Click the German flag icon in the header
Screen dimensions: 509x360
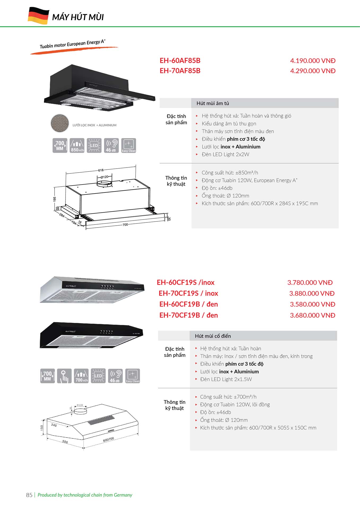coord(38,16)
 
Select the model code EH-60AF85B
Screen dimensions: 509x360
coord(180,60)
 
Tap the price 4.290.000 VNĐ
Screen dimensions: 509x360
coord(313,71)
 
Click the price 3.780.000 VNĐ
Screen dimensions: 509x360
coord(310,282)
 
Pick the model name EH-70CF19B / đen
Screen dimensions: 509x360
coord(188,315)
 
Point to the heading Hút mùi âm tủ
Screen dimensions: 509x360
coord(212,103)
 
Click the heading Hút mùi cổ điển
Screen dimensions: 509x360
coord(213,336)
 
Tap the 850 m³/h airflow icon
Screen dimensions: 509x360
coord(77,145)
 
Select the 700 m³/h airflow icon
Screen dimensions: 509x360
coord(81,376)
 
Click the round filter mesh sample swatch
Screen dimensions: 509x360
coord(60,123)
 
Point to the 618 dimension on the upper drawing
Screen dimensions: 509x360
coord(101,170)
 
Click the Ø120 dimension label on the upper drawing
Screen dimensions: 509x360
coord(104,177)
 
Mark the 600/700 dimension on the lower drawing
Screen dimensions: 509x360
coord(109,439)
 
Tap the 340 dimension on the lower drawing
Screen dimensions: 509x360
coord(54,425)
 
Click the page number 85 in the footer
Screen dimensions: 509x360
coord(29,495)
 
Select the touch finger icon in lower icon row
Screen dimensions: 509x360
coord(64,376)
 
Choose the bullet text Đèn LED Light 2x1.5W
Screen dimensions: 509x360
coord(226,379)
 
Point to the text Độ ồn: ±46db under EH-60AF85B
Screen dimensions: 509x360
coord(217,188)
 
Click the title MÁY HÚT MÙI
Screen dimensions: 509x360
coord(78,17)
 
